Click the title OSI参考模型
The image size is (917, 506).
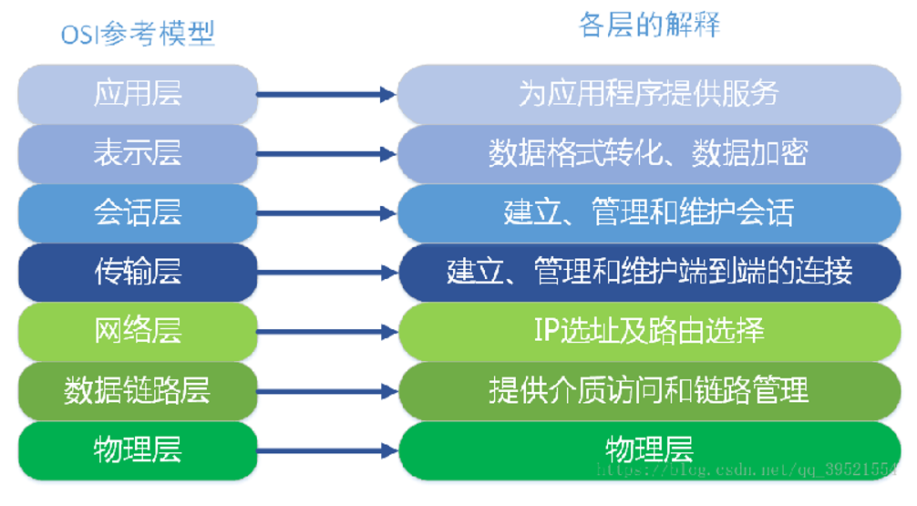coord(138,35)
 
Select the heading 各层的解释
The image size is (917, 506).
coord(649,25)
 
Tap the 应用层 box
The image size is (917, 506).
coord(138,94)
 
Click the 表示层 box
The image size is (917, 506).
coord(138,153)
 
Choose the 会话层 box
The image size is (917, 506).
coord(138,212)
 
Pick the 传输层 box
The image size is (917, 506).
coord(138,272)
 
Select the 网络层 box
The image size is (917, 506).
coord(138,330)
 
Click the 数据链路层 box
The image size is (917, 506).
coord(138,390)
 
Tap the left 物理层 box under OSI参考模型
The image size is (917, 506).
coord(138,449)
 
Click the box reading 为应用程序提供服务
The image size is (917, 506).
coord(649,94)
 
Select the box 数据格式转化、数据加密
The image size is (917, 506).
coord(649,153)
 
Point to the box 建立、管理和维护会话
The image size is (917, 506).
coord(649,212)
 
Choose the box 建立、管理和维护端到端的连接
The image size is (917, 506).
coord(649,272)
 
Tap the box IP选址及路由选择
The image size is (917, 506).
coord(649,330)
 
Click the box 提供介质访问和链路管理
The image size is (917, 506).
coord(649,390)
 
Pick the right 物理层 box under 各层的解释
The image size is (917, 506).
coord(649,449)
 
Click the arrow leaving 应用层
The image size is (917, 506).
coord(325,94)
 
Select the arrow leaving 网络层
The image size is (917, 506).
coord(325,330)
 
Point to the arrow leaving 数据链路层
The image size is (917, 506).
coord(325,390)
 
